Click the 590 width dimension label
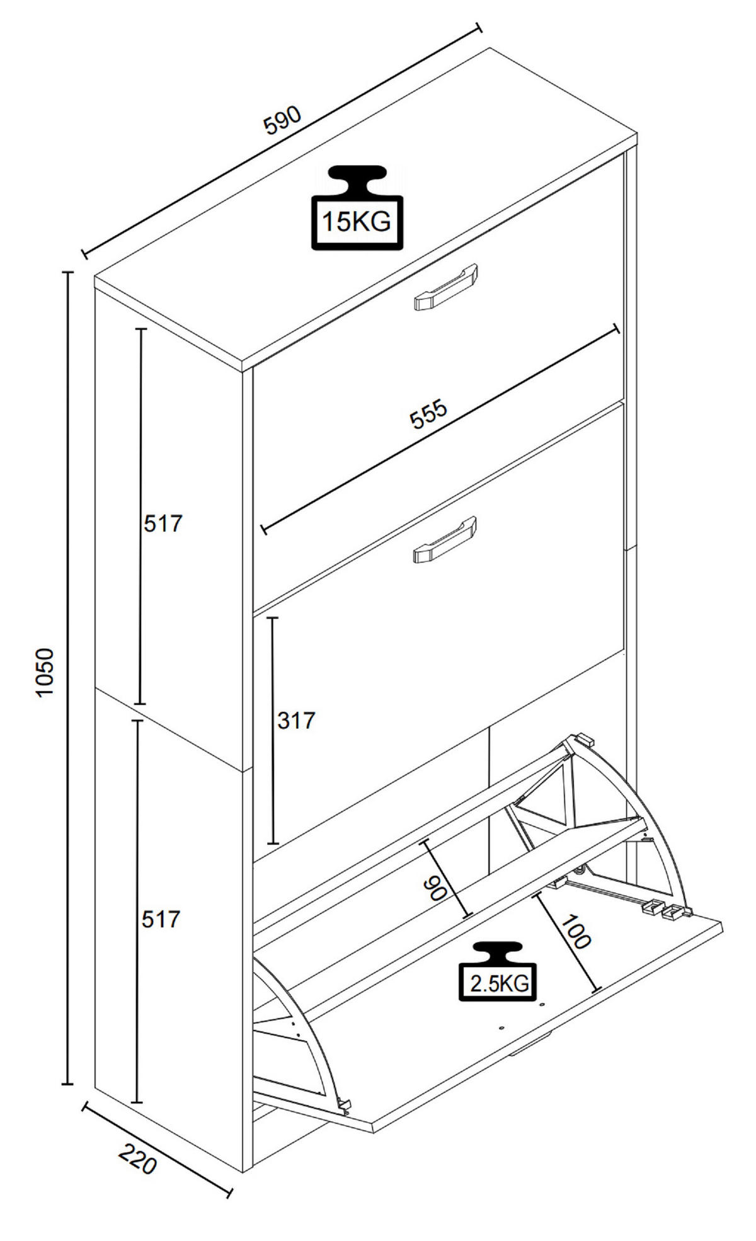(x=283, y=120)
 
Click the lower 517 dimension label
(x=161, y=920)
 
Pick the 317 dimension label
(x=295, y=721)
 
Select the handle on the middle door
(x=445, y=539)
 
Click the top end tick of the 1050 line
(x=67, y=272)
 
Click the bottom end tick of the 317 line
(x=273, y=844)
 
